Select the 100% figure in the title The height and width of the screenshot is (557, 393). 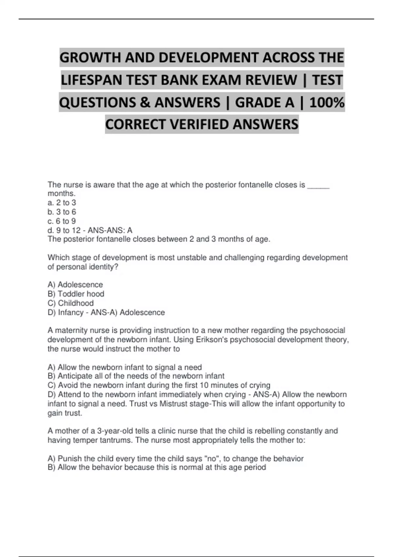(327, 103)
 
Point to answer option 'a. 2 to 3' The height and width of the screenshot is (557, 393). (62, 203)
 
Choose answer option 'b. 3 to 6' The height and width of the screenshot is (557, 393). (62, 212)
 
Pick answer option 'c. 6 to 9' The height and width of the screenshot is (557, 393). (62, 221)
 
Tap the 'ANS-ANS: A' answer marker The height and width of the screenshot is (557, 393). (110, 230)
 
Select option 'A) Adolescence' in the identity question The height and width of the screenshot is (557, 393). (75, 285)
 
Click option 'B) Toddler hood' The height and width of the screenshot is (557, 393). (76, 294)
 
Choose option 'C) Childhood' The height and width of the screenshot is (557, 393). (70, 303)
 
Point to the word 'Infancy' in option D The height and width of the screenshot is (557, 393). (70, 313)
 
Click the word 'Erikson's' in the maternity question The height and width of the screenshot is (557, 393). (212, 340)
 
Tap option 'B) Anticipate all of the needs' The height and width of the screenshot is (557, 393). (136, 376)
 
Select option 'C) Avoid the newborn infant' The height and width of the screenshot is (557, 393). (159, 385)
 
